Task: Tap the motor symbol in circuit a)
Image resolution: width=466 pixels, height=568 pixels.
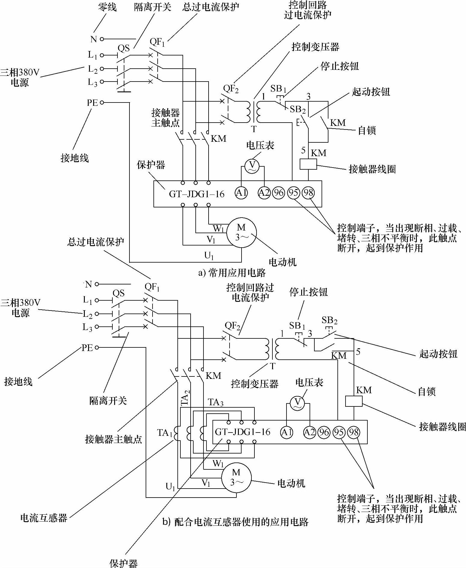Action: click(242, 233)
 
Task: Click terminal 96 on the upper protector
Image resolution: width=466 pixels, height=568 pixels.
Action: click(279, 193)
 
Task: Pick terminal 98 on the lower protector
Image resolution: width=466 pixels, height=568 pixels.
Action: click(354, 432)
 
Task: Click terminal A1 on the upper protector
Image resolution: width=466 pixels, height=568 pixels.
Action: click(241, 193)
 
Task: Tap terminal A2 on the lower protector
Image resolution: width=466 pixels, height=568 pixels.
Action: click(310, 432)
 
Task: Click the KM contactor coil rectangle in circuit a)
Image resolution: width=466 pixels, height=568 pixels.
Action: click(308, 164)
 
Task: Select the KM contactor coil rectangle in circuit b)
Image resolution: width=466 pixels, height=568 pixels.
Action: click(354, 401)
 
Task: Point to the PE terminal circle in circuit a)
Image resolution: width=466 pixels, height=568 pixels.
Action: click(102, 103)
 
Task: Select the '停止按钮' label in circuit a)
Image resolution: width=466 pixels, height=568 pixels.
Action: click(340, 66)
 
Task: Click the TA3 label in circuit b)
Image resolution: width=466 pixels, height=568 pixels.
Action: click(216, 402)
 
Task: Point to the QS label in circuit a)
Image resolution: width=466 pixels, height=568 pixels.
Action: click(124, 48)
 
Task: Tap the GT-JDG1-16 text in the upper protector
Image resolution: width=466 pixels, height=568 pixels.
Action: click(197, 194)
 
